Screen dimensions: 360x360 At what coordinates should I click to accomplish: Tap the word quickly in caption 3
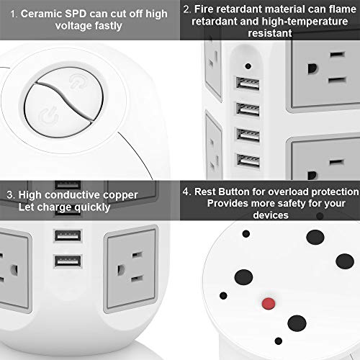point(91,207)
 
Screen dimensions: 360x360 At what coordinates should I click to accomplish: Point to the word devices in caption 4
point(269,216)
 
